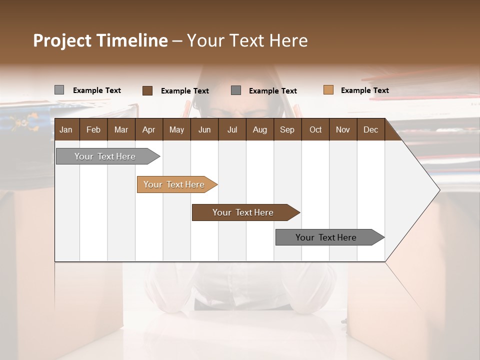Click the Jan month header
pyautogui.click(x=66, y=129)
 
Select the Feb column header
pyautogui.click(x=93, y=129)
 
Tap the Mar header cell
pyautogui.click(x=121, y=129)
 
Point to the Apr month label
pyautogui.click(x=148, y=129)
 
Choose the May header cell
pyautogui.click(x=176, y=129)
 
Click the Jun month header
pyautogui.click(x=204, y=129)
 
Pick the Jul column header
pyautogui.click(x=232, y=129)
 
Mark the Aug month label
pyautogui.click(x=259, y=129)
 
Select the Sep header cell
pyautogui.click(x=287, y=129)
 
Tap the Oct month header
pyautogui.click(x=315, y=129)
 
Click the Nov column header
pyautogui.click(x=343, y=129)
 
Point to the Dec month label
pyautogui.click(x=370, y=129)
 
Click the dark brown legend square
pyautogui.click(x=147, y=90)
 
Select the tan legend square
pyautogui.click(x=328, y=90)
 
